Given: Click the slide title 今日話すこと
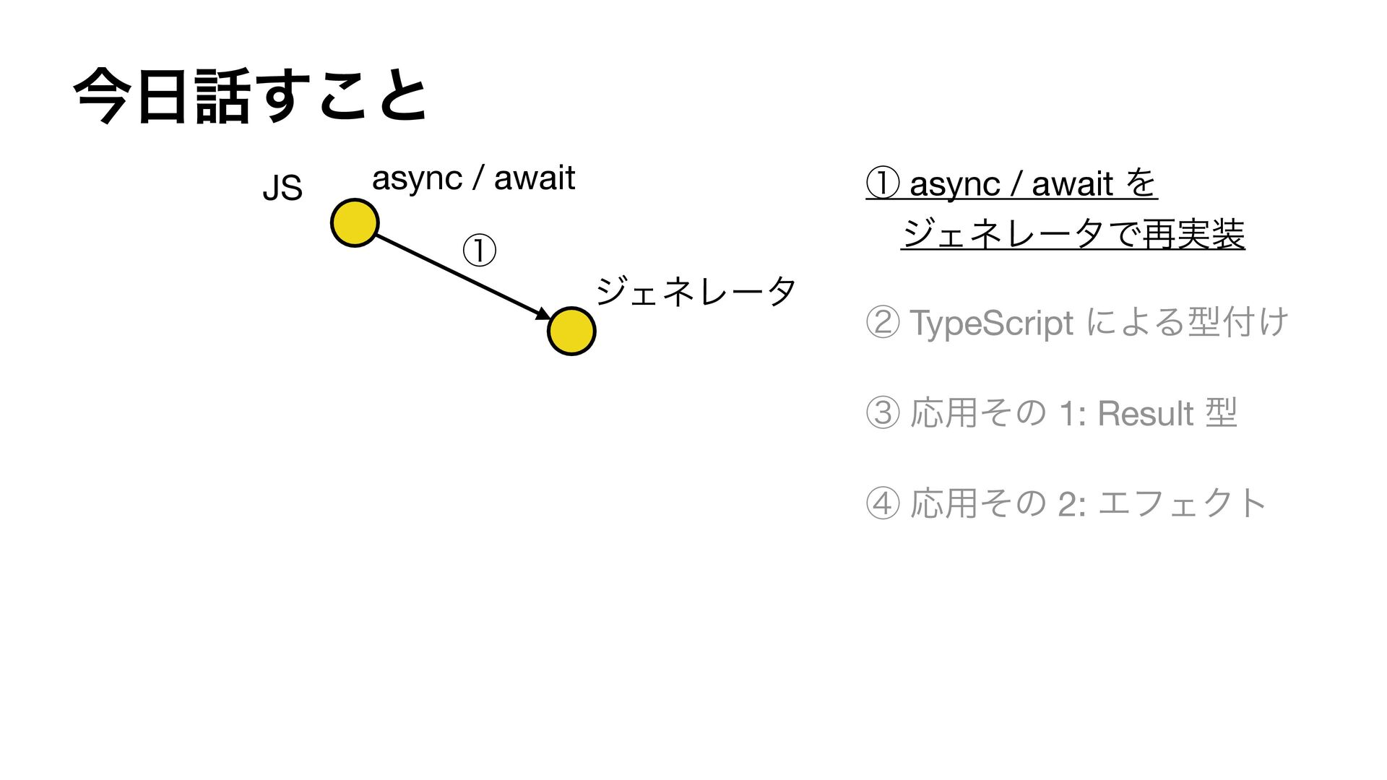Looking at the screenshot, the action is (250, 96).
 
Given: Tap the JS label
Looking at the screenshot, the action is (282, 188).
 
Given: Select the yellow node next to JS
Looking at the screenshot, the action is (355, 222).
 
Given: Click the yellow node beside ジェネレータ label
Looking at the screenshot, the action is (571, 331).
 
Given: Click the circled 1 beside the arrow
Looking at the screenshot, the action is (479, 251).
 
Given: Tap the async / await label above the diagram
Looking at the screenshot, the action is (473, 178).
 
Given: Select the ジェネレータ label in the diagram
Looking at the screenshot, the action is (696, 291).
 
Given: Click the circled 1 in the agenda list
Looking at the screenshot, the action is (883, 183).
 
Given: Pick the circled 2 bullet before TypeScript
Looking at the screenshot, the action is (883, 322).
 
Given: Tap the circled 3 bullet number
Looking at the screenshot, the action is (883, 414).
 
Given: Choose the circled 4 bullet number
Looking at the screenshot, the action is (883, 503).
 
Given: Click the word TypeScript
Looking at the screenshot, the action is (991, 323).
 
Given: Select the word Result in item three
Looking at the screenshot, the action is (1145, 414).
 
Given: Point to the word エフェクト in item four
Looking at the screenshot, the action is (1182, 503).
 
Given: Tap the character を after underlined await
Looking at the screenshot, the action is (1141, 183).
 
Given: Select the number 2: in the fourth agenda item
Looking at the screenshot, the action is (1071, 504).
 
